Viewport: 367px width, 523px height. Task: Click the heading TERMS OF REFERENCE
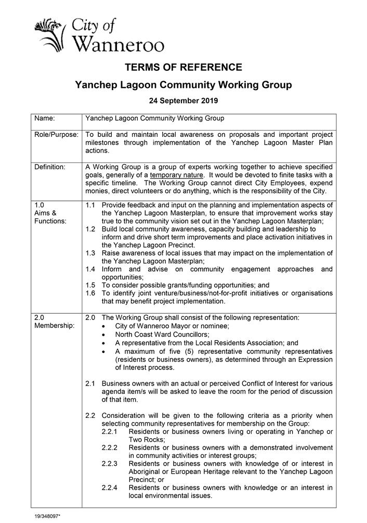(183, 67)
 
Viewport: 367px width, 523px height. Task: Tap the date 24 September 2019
(183, 100)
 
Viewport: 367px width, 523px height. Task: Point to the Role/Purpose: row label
(56, 134)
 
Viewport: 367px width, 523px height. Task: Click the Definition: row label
(50, 167)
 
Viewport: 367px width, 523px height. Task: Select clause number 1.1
(90, 205)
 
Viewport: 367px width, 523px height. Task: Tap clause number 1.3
(90, 253)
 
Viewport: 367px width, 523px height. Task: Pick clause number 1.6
(90, 294)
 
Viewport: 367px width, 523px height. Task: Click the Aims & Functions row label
(48, 213)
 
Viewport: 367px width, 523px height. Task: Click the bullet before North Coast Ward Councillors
(106, 335)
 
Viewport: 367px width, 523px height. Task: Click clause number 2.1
(90, 384)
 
